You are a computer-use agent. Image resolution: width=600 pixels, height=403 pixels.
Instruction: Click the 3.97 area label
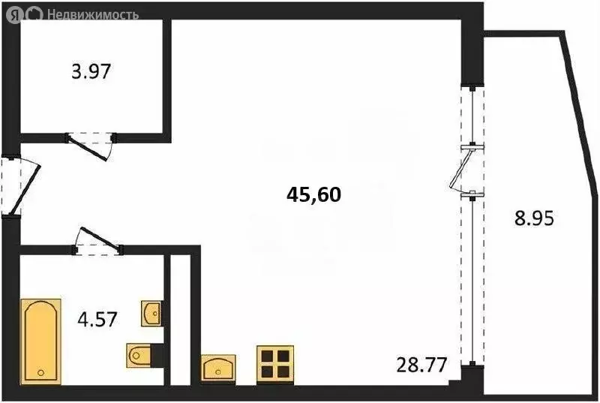90,74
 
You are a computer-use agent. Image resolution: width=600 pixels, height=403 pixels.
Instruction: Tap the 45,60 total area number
314,195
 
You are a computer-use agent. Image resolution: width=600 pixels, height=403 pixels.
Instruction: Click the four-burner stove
275,363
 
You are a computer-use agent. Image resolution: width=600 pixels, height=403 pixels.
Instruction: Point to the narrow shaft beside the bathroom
180,319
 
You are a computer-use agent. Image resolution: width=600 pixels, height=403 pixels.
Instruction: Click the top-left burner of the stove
268,355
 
